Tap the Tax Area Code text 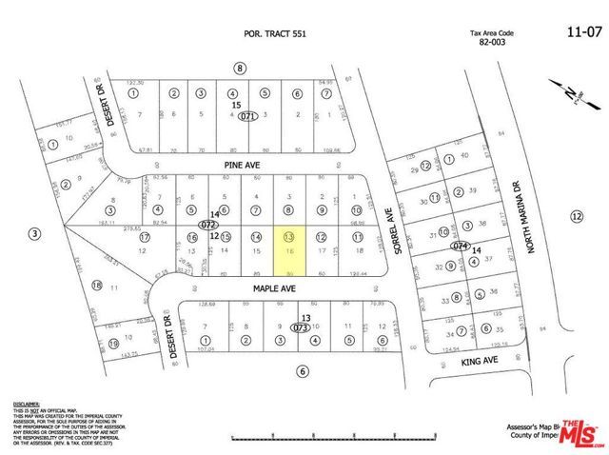point(493,34)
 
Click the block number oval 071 point(248,116)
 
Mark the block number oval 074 point(462,246)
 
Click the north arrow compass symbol point(568,95)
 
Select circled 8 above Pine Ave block point(240,68)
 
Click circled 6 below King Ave point(303,371)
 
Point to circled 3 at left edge point(35,232)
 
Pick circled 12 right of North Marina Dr point(577,217)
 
